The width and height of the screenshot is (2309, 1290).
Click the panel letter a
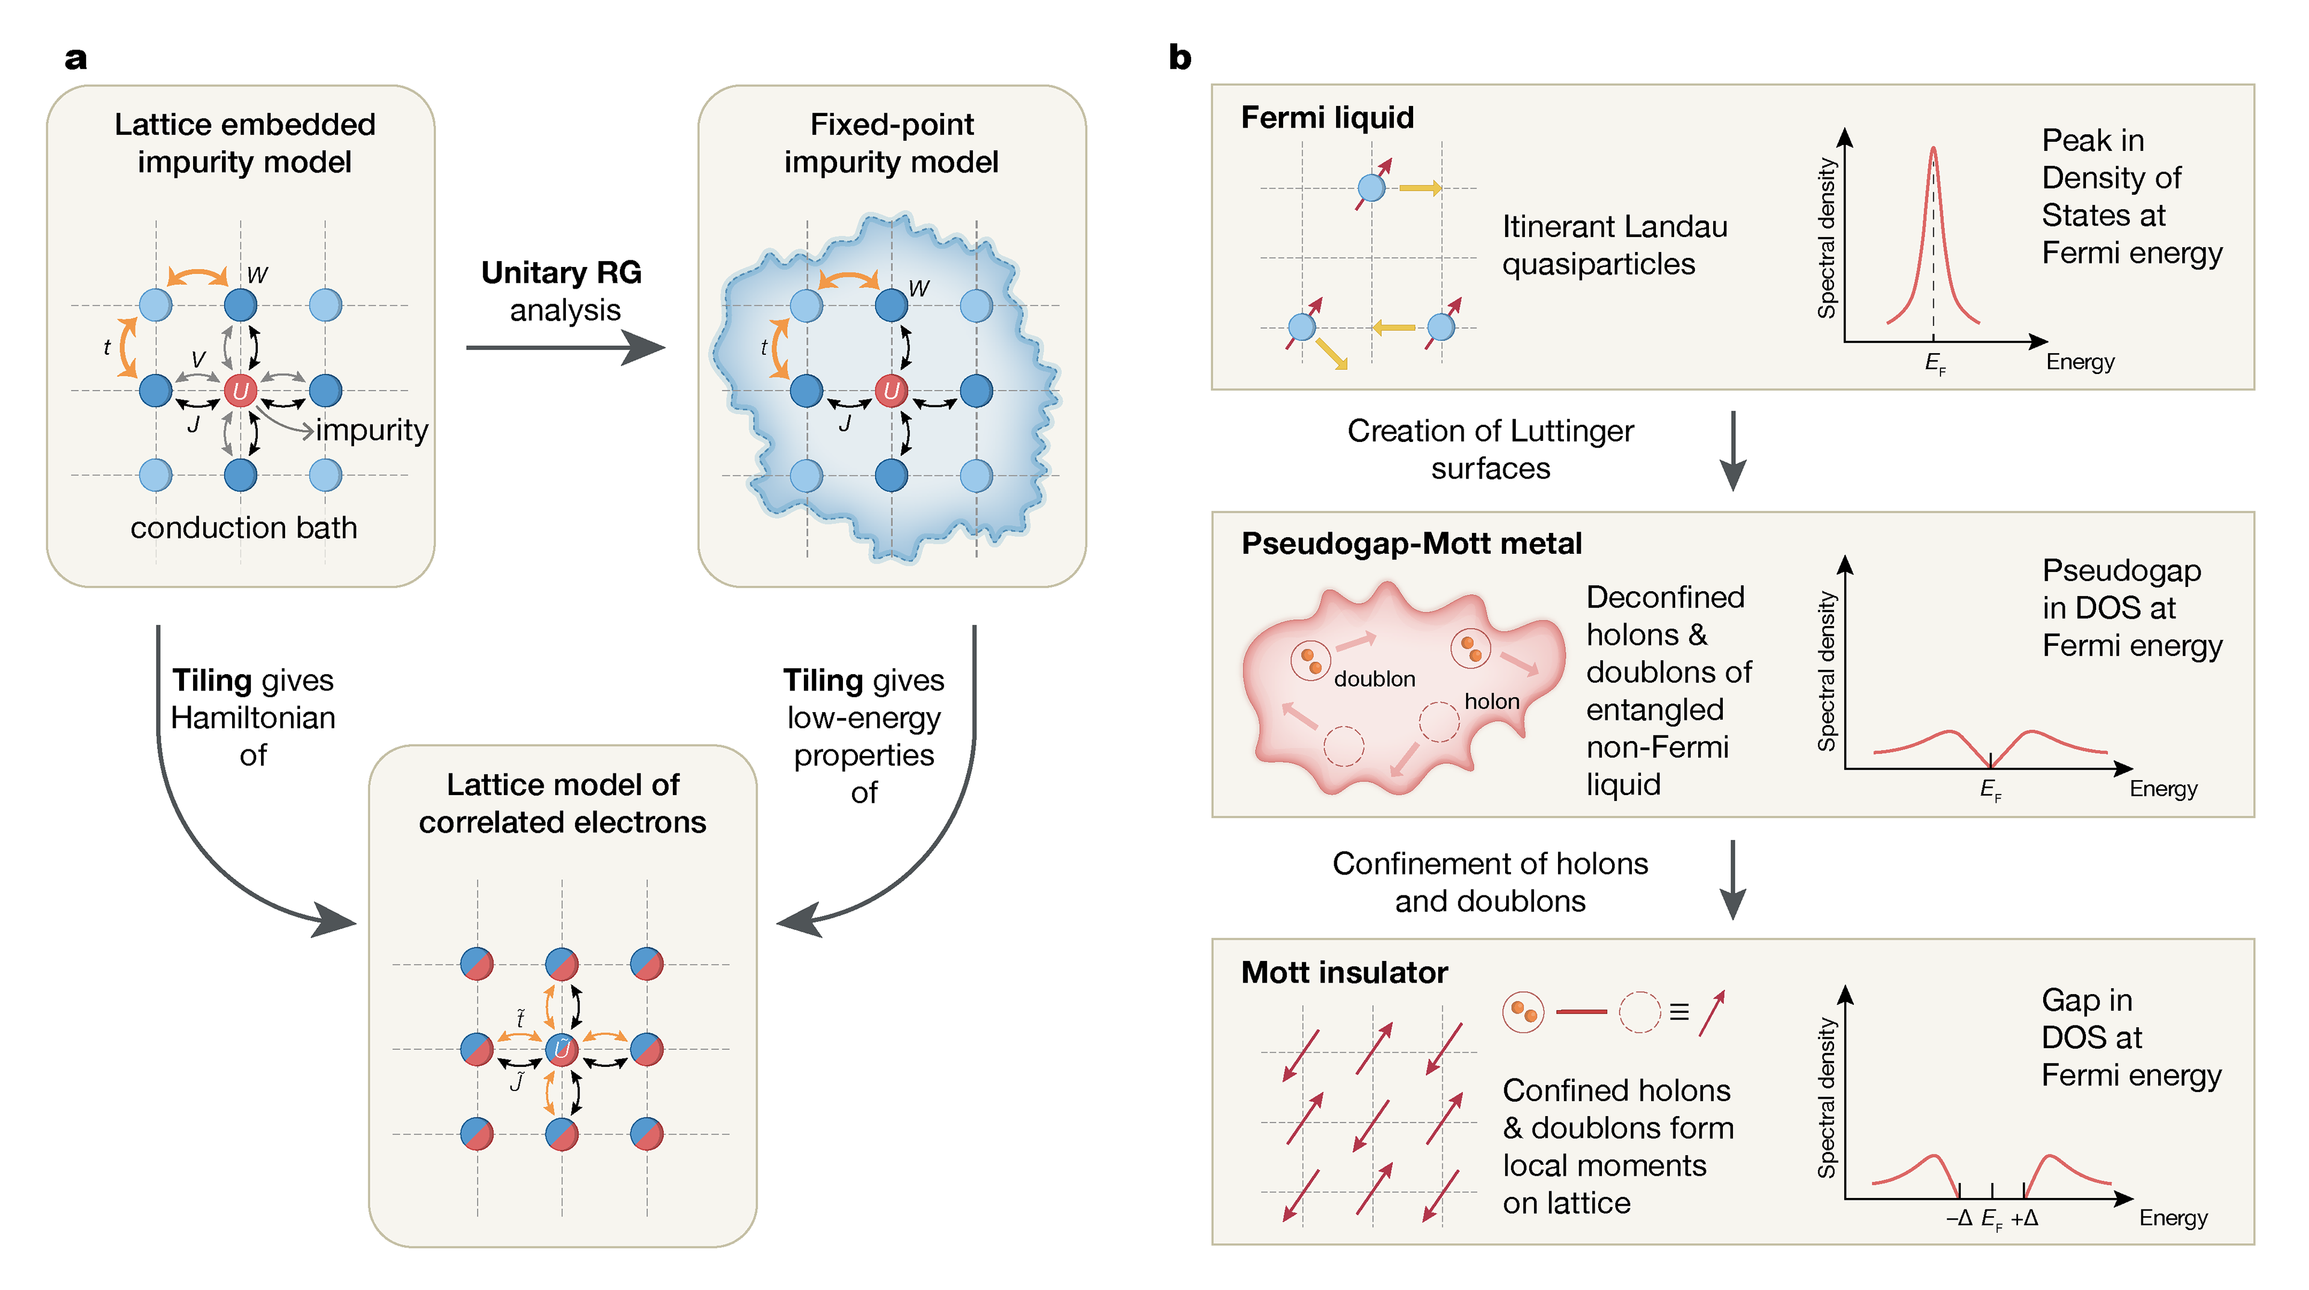(76, 58)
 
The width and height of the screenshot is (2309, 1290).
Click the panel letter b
(1180, 58)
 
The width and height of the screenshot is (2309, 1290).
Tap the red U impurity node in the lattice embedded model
(241, 391)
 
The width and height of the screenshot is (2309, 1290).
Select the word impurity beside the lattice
(372, 430)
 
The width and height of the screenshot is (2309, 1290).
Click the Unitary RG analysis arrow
(565, 347)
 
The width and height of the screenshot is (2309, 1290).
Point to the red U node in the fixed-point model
(891, 391)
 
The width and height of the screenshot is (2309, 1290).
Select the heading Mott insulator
(1344, 972)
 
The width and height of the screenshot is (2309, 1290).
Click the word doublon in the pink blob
(1374, 678)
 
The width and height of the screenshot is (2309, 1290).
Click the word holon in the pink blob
(1491, 701)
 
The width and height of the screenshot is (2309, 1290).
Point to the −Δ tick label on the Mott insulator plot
(1960, 1218)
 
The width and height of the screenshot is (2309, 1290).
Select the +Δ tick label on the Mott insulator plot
(2025, 1218)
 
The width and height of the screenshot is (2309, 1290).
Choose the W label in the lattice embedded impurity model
(257, 275)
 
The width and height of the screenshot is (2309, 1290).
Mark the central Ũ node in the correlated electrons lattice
(562, 1049)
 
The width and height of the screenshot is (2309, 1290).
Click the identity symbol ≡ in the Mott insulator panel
(1679, 1012)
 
